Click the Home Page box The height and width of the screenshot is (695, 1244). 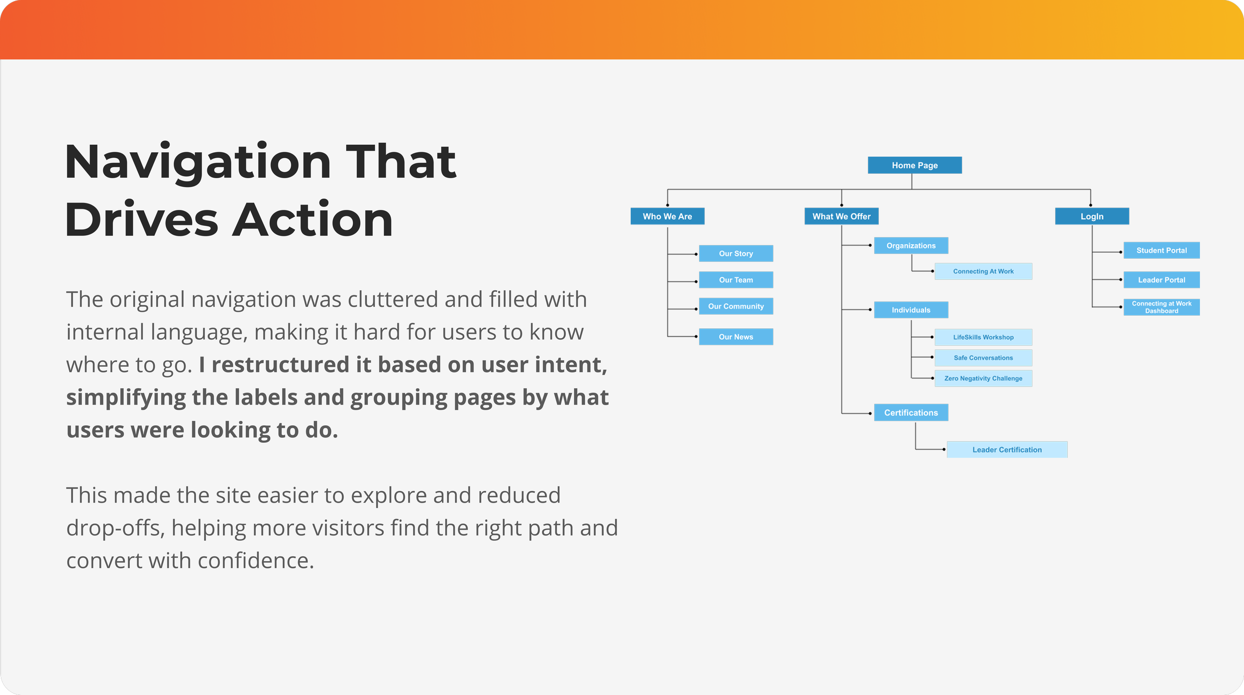[x=915, y=165]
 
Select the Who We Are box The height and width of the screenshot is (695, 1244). [x=667, y=216]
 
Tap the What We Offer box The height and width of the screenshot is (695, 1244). [x=841, y=216]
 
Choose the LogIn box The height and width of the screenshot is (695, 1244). [x=1092, y=216]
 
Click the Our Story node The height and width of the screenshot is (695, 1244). [x=736, y=253]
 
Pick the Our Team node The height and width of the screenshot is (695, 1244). [x=736, y=280]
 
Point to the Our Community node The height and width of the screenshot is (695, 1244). [x=736, y=306]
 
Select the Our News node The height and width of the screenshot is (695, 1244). [x=736, y=337]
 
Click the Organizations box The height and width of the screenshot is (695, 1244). [x=911, y=246]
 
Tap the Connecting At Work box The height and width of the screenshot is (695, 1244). [x=983, y=271]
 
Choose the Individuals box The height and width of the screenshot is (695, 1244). [x=911, y=310]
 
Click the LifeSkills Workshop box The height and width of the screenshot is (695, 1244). [x=983, y=337]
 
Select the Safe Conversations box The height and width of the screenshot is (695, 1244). [x=983, y=358]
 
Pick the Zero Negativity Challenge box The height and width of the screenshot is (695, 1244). [x=983, y=378]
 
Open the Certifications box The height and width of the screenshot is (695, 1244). [x=911, y=412]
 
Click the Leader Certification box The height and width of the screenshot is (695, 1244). [x=1007, y=450]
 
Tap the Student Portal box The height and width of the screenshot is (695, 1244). [x=1161, y=250]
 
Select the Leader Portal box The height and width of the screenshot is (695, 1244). [x=1161, y=280]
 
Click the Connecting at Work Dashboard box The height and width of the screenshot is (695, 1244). [x=1161, y=307]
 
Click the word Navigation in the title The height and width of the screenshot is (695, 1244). [x=198, y=162]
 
